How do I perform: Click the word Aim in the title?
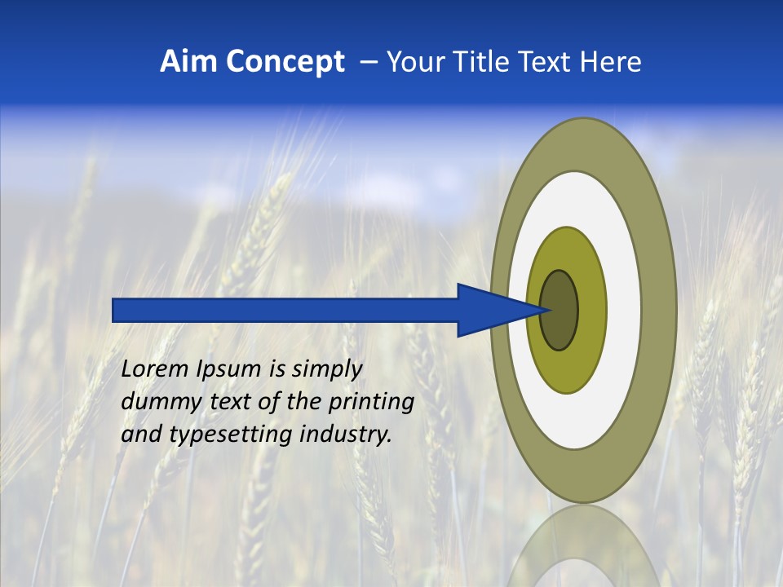pyautogui.click(x=190, y=62)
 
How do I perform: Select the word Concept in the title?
pyautogui.click(x=285, y=62)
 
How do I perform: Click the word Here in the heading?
pyautogui.click(x=611, y=62)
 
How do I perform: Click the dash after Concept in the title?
pyautogui.click(x=368, y=62)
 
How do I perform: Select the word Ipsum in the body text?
pyautogui.click(x=230, y=369)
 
